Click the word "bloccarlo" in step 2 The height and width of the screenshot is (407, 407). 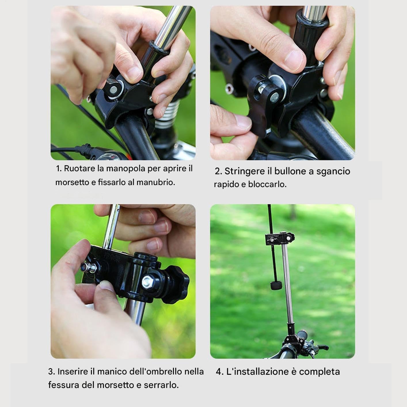[267, 184]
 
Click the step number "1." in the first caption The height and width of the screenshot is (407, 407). [59, 169]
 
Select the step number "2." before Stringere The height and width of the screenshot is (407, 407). [218, 171]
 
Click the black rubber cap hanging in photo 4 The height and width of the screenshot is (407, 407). [276, 286]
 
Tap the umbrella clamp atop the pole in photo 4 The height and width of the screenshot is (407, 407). [280, 239]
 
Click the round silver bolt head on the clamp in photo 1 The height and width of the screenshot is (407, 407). [113, 90]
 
